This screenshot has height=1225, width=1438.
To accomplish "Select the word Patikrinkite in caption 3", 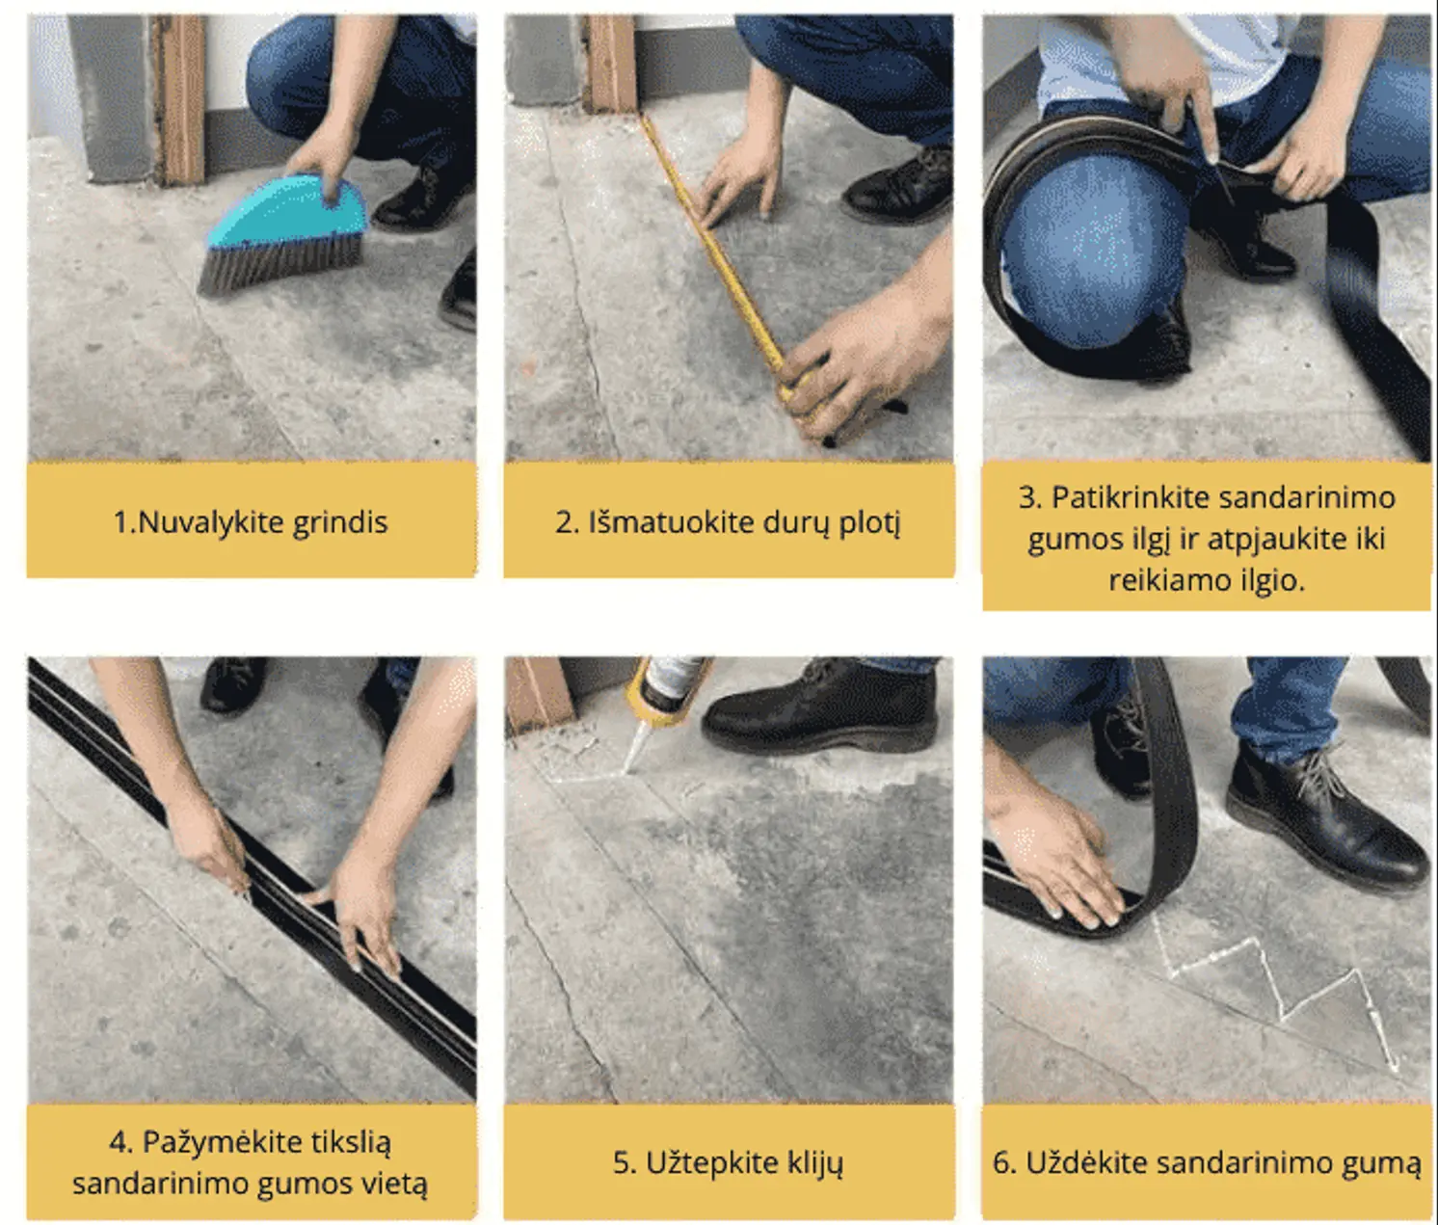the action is point(1131,497).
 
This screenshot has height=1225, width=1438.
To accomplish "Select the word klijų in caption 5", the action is point(814,1163).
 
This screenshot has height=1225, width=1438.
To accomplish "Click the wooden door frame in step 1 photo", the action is point(180,97).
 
